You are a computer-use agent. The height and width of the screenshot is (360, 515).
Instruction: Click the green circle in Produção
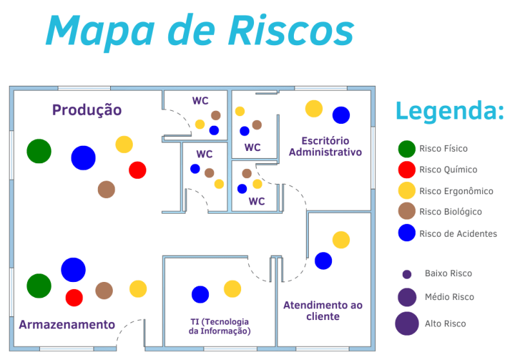click(39, 151)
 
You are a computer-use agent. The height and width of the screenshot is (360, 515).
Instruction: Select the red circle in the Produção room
click(138, 170)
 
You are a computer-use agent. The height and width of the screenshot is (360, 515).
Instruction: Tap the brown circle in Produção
click(106, 190)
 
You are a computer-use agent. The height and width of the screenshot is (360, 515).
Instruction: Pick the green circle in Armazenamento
click(39, 286)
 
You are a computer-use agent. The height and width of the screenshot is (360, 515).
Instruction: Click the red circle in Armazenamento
click(74, 297)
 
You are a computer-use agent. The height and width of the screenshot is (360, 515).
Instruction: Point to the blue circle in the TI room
click(200, 294)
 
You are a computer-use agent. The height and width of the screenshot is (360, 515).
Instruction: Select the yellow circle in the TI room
click(233, 288)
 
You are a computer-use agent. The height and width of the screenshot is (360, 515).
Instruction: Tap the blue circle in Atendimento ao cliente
click(324, 261)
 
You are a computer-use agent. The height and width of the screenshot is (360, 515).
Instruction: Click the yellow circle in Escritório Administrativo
click(314, 108)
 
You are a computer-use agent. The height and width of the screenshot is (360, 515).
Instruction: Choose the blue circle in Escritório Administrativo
click(341, 115)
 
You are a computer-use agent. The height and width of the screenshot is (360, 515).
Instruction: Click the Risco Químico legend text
click(449, 170)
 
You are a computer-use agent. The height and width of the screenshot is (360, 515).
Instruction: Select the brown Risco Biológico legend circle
click(407, 211)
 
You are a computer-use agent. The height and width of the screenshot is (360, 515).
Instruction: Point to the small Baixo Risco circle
click(407, 274)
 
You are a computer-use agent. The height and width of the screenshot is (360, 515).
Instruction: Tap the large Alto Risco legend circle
click(407, 323)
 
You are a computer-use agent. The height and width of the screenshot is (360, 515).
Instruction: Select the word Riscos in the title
click(291, 30)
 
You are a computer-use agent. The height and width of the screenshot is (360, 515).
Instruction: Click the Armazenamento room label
click(67, 325)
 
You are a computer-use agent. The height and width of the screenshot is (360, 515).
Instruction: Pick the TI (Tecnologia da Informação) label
click(219, 326)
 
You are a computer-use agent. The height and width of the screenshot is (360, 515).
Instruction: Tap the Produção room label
click(87, 110)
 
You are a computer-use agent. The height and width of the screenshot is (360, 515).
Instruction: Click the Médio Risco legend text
click(450, 297)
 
